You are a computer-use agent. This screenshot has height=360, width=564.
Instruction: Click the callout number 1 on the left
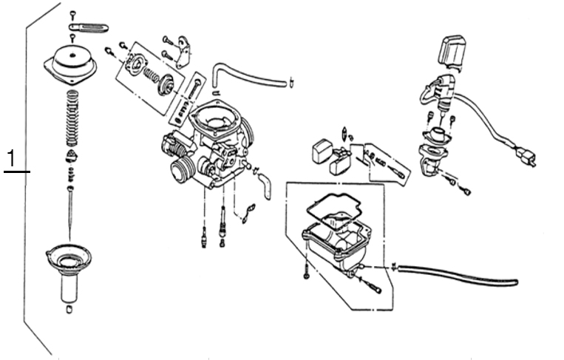pyautogui.click(x=12, y=158)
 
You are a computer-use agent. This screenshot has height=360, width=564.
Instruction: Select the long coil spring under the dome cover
pyautogui.click(x=72, y=118)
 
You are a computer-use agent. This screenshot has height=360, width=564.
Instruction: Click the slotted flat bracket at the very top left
pyautogui.click(x=88, y=27)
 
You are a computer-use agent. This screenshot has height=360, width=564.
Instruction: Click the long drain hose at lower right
pyautogui.click(x=457, y=274)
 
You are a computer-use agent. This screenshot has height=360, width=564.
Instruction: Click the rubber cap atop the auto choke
pyautogui.click(x=451, y=51)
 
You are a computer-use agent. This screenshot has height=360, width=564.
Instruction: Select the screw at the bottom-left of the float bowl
pyautogui.click(x=306, y=271)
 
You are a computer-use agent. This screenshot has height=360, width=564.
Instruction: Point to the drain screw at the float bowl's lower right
pyautogui.click(x=373, y=285)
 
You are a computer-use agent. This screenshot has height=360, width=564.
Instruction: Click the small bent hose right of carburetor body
pyautogui.click(x=266, y=186)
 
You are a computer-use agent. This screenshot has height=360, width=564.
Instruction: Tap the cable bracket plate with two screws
pyautogui.click(x=184, y=52)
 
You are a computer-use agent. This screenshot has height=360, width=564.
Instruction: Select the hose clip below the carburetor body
pyautogui.click(x=248, y=214)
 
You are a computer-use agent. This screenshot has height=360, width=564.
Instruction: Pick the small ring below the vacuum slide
pyautogui.click(x=69, y=309)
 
